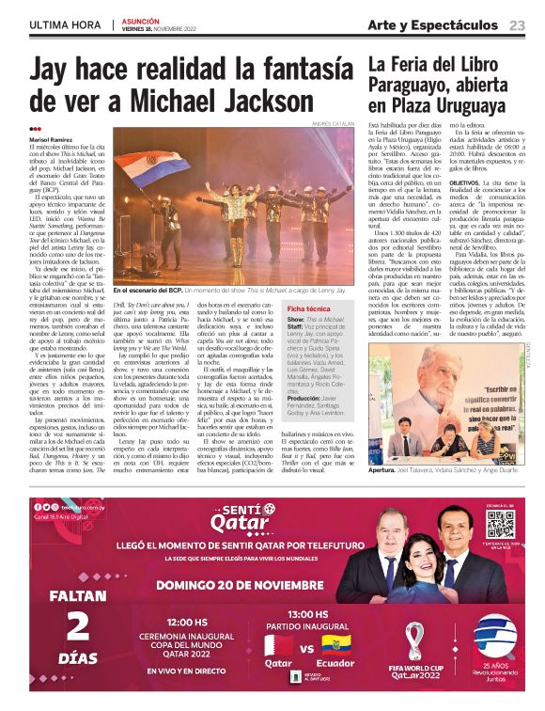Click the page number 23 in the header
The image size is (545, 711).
(x=518, y=24)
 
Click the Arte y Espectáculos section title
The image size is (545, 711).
(x=433, y=24)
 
